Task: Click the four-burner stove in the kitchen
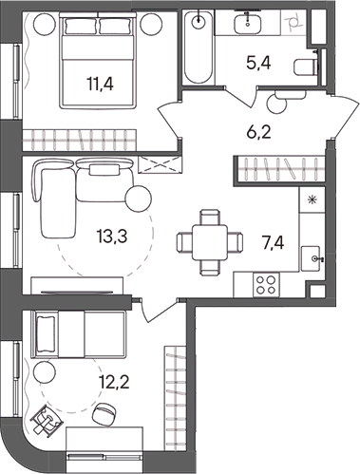(267, 283)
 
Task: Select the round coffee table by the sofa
(138, 199)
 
